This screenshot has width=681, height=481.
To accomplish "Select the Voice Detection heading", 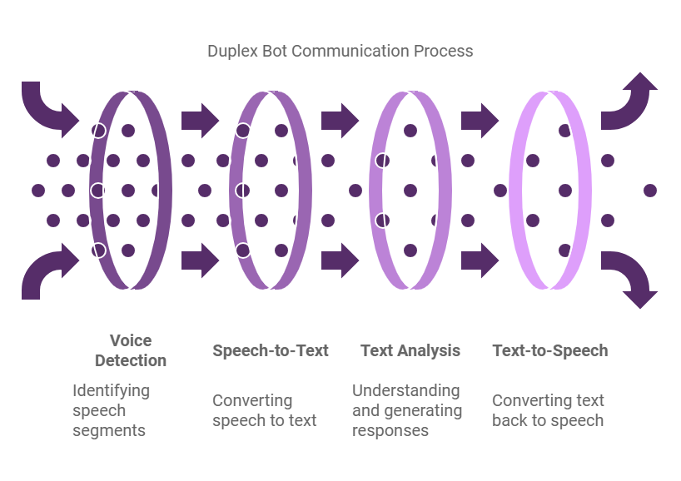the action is tap(131, 350).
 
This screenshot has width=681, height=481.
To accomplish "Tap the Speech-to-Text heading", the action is tap(270, 350).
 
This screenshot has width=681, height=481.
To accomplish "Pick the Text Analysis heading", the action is tap(410, 350).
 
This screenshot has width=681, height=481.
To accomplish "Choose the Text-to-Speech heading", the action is tap(549, 350).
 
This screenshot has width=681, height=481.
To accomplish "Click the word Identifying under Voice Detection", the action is tap(112, 390).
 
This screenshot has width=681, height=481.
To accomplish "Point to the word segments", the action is tap(109, 430).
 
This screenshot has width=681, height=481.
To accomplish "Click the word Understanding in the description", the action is tap(406, 390).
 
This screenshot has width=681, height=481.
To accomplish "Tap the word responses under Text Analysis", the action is tap(390, 430).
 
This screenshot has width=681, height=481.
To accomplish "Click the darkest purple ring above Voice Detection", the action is tap(164, 190).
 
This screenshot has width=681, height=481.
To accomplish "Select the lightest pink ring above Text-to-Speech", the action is tap(584, 190).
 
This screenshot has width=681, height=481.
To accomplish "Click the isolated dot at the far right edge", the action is tap(650, 191).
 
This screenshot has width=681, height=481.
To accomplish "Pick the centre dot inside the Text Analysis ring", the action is tap(410, 191).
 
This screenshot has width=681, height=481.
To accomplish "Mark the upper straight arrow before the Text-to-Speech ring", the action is tap(480, 121).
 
